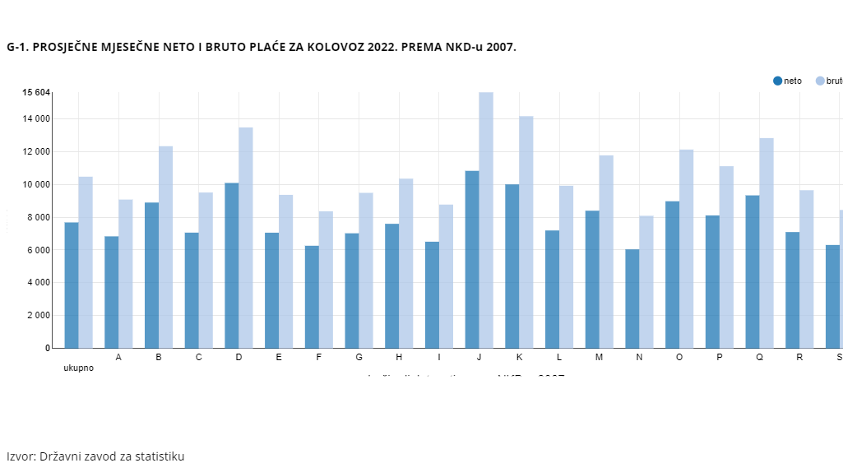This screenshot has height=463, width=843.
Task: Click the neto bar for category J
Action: tap(472, 259)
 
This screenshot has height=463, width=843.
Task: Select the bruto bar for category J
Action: tap(486, 220)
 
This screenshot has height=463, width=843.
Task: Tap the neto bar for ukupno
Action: tap(72, 285)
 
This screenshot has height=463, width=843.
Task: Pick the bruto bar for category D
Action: tap(246, 238)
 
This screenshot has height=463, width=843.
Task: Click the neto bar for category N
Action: tap(632, 299)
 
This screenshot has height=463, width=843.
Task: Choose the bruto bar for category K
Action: tap(526, 232)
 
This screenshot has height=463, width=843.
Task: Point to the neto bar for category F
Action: tap(312, 297)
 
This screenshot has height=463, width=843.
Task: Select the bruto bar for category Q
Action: tap(767, 243)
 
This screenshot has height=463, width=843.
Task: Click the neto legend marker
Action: tap(777, 81)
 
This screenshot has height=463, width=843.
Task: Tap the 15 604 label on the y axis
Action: tap(36, 92)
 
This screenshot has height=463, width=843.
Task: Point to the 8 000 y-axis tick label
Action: tap(36, 218)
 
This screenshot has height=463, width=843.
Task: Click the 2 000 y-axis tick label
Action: tap(36, 316)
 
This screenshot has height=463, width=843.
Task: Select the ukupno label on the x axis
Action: tap(79, 368)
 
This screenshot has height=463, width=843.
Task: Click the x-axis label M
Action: tap(599, 358)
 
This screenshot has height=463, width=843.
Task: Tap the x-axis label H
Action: tap(399, 358)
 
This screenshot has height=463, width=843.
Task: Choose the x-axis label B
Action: tap(159, 358)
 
